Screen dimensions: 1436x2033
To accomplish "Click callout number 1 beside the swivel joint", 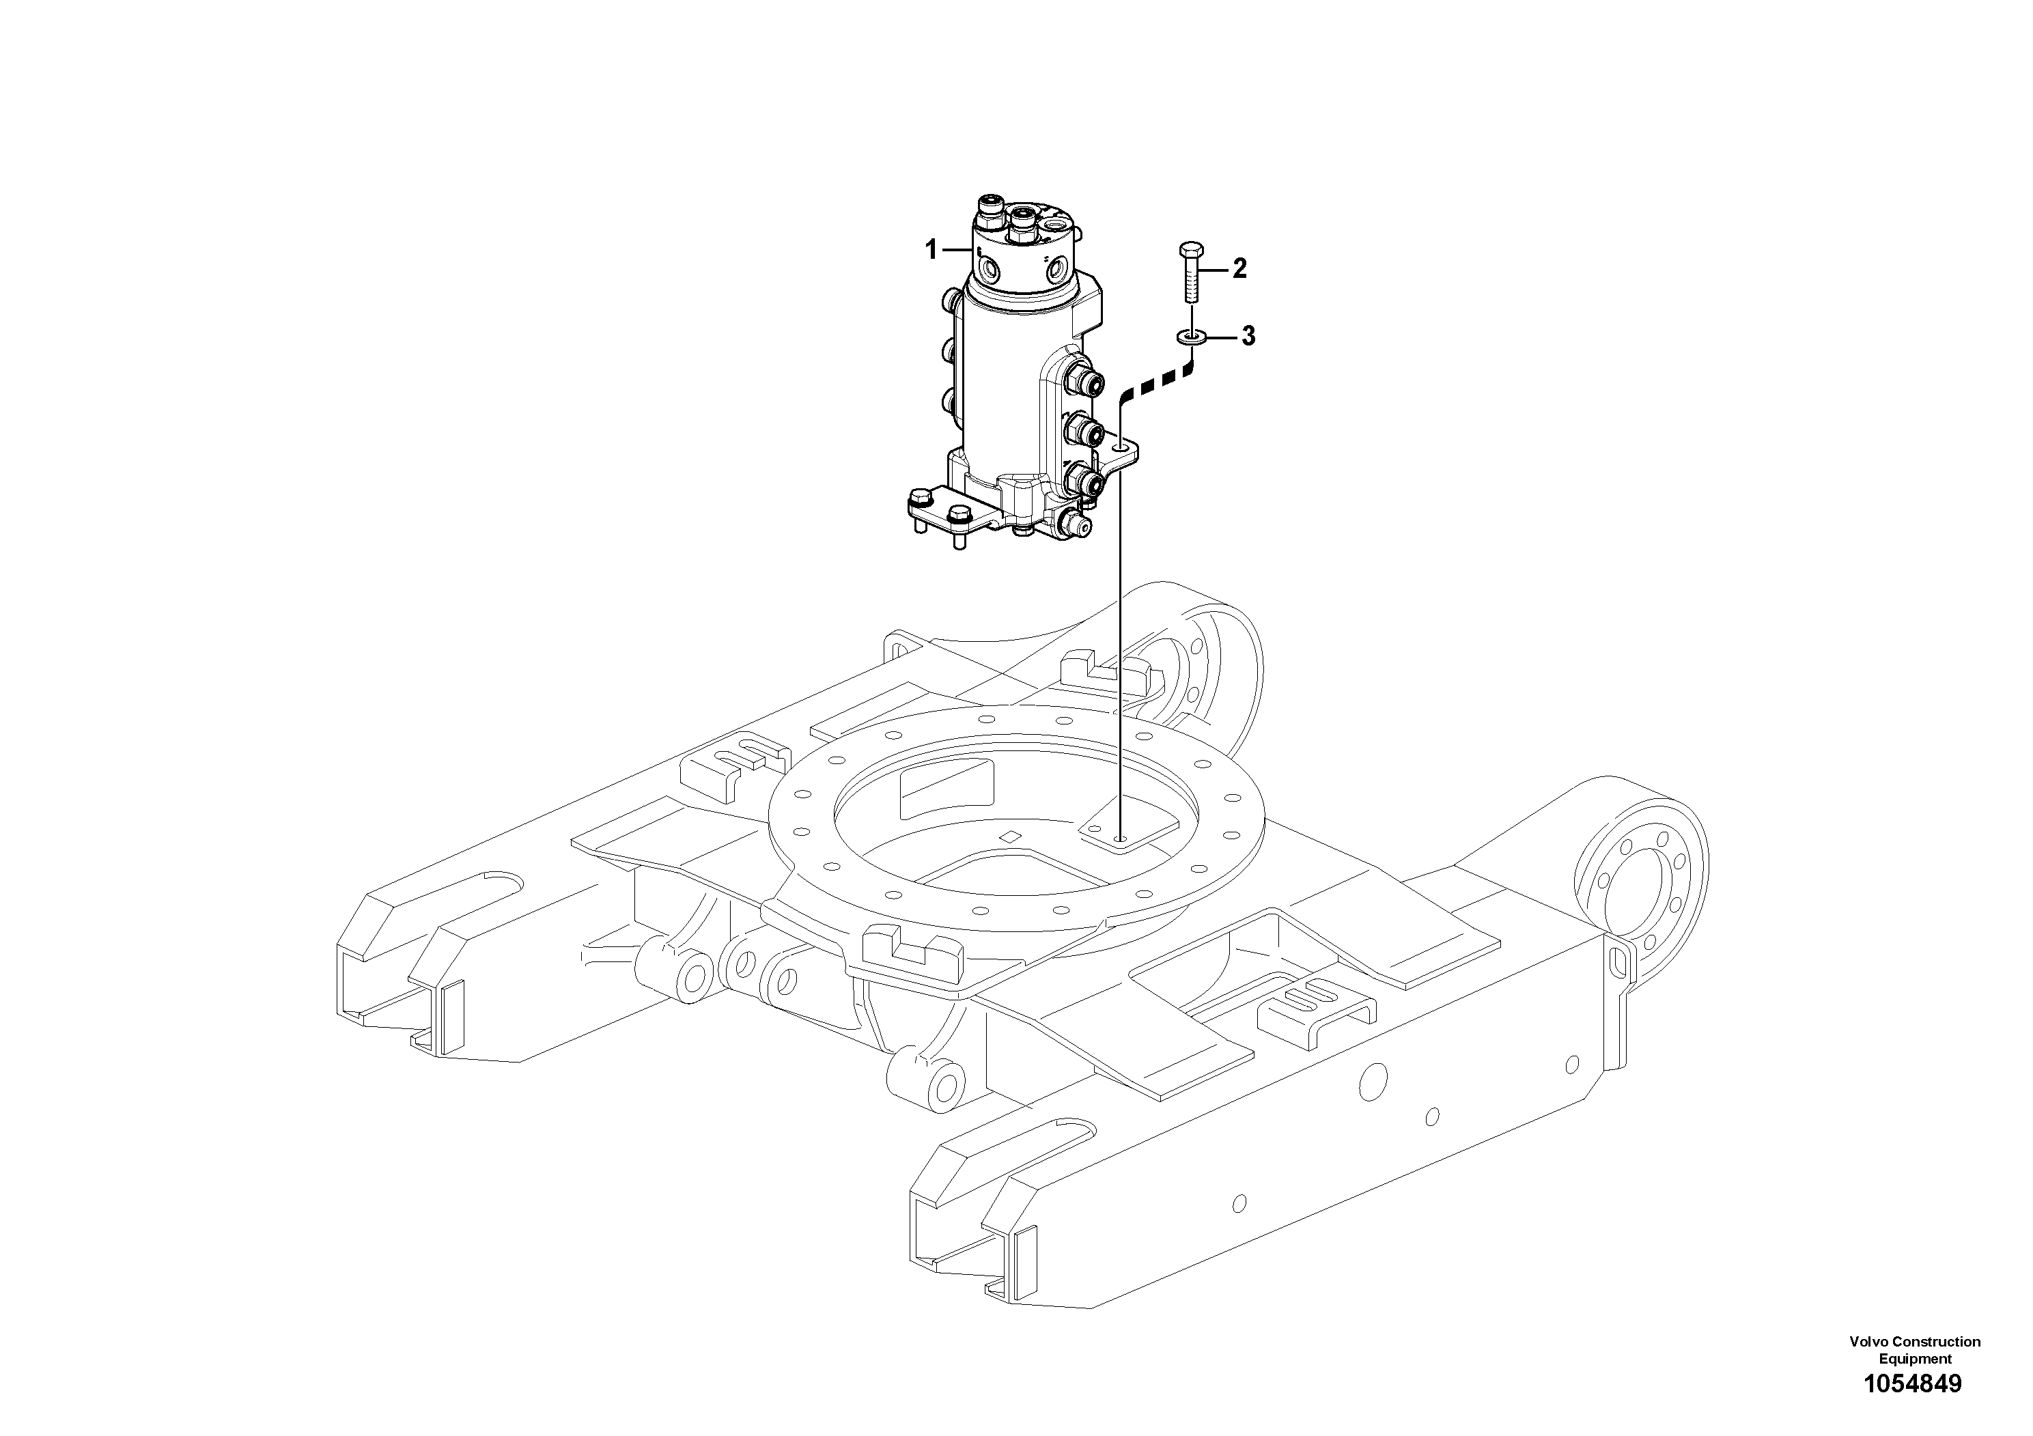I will click(x=931, y=251).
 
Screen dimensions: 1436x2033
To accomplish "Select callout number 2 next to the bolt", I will click(x=1239, y=268).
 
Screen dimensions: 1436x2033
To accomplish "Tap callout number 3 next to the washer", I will click(x=1248, y=337).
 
